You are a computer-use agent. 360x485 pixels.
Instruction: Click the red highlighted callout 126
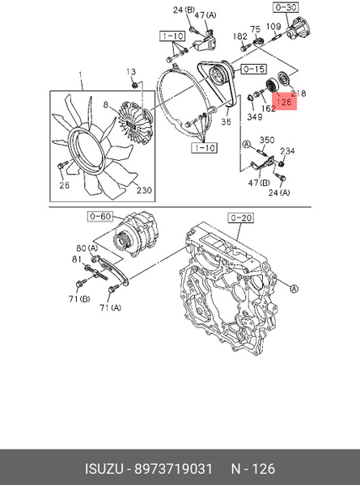284,101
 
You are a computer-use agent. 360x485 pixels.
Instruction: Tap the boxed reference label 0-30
286,7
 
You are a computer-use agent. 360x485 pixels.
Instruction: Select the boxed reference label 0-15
253,69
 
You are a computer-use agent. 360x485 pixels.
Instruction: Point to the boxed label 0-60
100,216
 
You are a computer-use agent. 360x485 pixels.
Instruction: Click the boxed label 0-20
240,218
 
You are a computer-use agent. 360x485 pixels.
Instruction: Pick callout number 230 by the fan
144,190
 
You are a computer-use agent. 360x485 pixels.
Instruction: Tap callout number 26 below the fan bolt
64,185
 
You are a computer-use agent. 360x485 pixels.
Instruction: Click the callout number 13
131,72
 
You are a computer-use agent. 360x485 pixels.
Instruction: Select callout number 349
255,116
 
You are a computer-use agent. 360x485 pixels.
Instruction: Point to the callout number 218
298,93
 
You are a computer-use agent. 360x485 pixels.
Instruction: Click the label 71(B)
79,299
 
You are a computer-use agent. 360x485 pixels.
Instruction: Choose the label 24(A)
279,192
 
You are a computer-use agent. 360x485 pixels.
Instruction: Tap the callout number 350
266,140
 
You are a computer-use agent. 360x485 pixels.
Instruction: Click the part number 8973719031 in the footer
173,469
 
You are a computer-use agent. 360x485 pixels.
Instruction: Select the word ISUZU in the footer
104,469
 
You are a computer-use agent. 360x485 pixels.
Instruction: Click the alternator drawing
135,234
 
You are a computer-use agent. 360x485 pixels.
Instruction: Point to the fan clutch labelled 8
136,123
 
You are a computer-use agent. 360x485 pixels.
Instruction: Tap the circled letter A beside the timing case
294,289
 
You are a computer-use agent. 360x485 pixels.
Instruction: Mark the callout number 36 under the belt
226,121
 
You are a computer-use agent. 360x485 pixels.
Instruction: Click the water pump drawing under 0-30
299,28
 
